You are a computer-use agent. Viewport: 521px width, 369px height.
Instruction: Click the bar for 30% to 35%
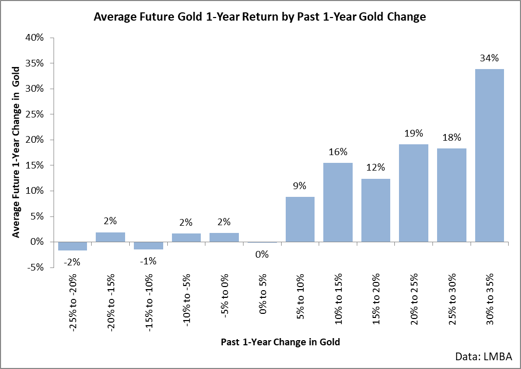[490, 156]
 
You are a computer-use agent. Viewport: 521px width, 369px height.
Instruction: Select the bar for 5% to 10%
[300, 219]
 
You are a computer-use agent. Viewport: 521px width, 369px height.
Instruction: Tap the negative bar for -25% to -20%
[73, 246]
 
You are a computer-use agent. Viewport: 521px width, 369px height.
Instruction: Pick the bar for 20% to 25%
[414, 193]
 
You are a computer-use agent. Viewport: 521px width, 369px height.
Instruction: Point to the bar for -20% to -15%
[110, 237]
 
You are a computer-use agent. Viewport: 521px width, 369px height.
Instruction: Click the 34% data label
[490, 58]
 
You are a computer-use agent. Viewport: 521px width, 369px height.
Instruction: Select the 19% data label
[414, 133]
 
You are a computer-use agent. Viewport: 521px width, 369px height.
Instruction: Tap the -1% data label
[148, 261]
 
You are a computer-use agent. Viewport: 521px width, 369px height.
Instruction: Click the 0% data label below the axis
[262, 255]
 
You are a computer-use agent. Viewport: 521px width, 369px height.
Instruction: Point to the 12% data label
[375, 167]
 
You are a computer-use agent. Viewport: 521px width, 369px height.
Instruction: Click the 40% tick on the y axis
[34, 38]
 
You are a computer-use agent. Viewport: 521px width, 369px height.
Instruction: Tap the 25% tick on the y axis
[34, 114]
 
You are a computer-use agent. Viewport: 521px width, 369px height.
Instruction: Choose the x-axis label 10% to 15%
[338, 299]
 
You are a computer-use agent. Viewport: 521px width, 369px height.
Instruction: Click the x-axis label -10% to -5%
[186, 300]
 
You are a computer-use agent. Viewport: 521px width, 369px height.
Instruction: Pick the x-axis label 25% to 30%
[452, 299]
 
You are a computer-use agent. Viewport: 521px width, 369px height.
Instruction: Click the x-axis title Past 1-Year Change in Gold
[281, 342]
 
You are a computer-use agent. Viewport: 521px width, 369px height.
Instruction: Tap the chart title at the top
[260, 16]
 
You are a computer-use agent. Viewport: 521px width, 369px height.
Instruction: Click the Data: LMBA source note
[483, 356]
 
